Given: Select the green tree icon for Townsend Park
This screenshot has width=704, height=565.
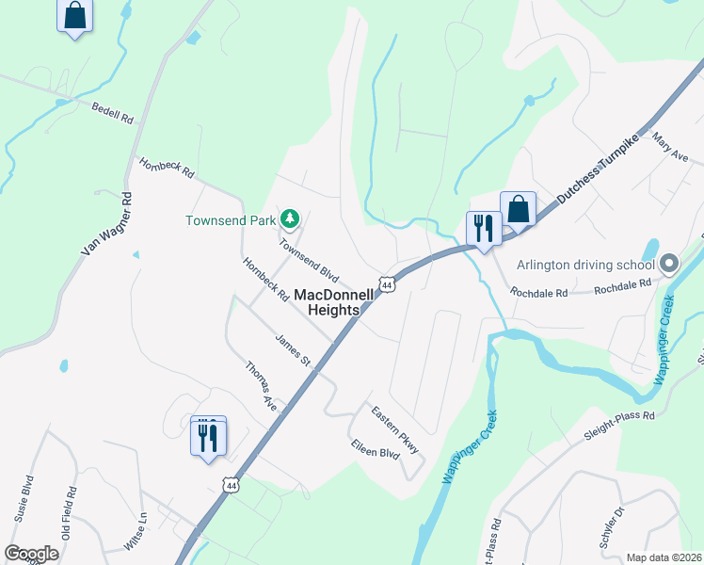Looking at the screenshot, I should click(x=290, y=220).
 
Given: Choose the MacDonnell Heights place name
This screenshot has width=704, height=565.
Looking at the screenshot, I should click(x=328, y=301).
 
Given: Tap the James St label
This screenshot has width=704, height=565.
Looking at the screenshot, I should click(x=293, y=349).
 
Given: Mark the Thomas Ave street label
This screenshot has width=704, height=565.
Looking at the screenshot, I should click(x=263, y=387).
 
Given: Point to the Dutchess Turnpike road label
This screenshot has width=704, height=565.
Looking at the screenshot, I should click(x=597, y=169).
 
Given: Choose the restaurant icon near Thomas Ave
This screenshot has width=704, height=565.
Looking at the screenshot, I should click(x=208, y=437).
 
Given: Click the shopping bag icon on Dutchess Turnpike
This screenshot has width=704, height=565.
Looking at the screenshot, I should click(x=518, y=209).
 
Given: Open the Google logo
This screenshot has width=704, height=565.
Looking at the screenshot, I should click(x=31, y=554).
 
